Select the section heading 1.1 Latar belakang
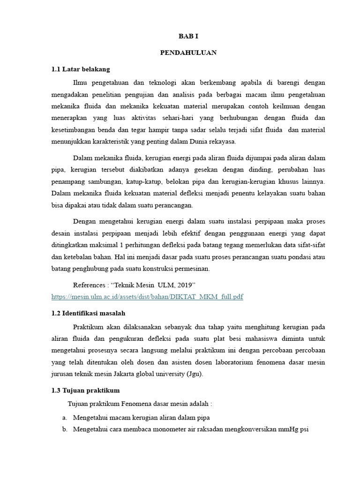coord(81,69)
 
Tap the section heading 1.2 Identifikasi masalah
coord(88,313)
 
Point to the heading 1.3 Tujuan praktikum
coord(85,390)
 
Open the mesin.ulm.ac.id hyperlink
coord(147,297)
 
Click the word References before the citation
coord(89,285)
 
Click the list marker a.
coord(64,417)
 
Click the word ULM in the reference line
coord(158,285)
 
